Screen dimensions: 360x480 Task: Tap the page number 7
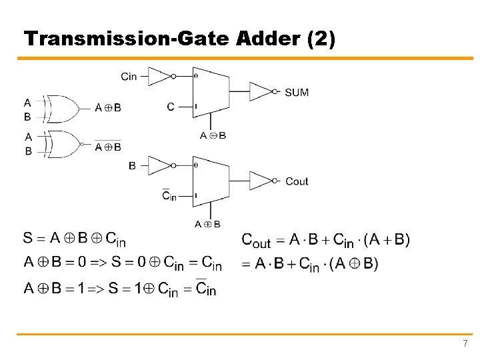pyautogui.click(x=465, y=343)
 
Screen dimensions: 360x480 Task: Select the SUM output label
pyautogui.click(x=297, y=92)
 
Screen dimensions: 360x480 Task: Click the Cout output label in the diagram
pyautogui.click(x=297, y=181)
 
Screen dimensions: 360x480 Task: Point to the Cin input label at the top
pyautogui.click(x=129, y=77)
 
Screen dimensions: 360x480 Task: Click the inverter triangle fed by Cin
pyautogui.click(x=159, y=77)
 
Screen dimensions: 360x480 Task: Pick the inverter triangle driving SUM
pyautogui.click(x=261, y=92)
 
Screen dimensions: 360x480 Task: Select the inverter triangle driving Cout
pyautogui.click(x=261, y=181)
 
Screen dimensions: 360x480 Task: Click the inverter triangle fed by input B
pyautogui.click(x=159, y=165)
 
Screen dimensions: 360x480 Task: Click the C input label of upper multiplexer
pyautogui.click(x=171, y=107)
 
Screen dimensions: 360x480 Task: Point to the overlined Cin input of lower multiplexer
pyautogui.click(x=169, y=196)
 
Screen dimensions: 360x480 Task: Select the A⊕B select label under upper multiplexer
pyautogui.click(x=213, y=135)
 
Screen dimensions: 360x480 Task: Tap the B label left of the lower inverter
pyautogui.click(x=132, y=165)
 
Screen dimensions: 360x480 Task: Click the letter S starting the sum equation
pyautogui.click(x=28, y=238)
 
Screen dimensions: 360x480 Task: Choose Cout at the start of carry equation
pyautogui.click(x=256, y=240)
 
